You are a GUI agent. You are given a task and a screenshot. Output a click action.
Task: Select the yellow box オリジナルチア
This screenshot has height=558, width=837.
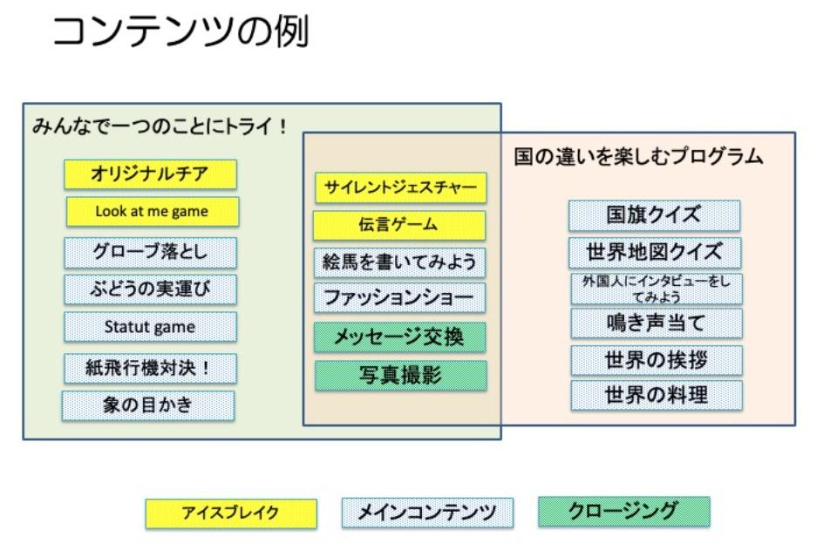coord(150,174)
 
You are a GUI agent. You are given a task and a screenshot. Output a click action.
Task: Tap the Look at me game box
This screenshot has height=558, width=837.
coord(152,211)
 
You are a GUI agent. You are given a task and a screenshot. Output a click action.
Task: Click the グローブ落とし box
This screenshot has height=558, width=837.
coord(150,253)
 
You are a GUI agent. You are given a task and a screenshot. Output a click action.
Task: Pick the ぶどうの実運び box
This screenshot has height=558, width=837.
coord(150,289)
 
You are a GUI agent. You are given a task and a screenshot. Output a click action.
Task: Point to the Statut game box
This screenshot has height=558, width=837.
coord(150,327)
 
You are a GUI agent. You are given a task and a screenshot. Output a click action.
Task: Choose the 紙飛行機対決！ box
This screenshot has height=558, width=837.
coord(150,368)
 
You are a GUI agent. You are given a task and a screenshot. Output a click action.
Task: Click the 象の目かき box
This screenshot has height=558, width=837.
coord(148,405)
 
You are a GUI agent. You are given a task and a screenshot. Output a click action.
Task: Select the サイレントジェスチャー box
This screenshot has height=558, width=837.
coord(400,187)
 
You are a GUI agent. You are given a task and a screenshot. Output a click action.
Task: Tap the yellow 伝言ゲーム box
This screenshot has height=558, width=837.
coord(398,225)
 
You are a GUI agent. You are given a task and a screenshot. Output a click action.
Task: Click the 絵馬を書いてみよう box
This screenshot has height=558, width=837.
coord(399,262)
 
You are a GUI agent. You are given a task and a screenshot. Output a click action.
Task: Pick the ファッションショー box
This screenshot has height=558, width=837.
coord(399,298)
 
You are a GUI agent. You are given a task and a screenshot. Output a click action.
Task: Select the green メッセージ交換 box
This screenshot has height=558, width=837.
coord(400,337)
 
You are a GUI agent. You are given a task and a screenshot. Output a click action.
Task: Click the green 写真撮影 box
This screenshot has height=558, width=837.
coord(400,375)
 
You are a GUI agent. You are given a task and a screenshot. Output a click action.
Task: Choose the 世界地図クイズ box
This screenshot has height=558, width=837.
coord(654,253)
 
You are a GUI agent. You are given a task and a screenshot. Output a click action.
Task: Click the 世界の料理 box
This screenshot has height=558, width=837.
coord(657,395)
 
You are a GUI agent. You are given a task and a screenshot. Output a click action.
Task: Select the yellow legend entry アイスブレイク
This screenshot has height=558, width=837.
coord(230,513)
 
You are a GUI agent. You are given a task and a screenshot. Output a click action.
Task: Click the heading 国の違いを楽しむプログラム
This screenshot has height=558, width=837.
coord(638,158)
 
